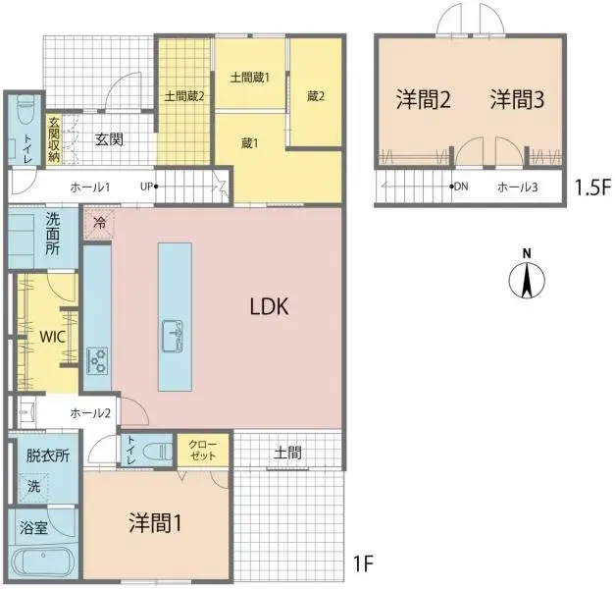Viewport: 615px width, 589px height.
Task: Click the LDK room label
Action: coord(267,306)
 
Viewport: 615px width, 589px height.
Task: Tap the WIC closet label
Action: coord(52,337)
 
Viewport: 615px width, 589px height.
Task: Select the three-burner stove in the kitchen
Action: coord(97,360)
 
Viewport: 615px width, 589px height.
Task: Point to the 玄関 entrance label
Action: coord(109,139)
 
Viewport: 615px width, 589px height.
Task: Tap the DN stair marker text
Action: coord(462,187)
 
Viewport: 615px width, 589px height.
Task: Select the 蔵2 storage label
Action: coord(315,95)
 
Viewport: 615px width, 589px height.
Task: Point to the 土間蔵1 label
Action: coord(249,77)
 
